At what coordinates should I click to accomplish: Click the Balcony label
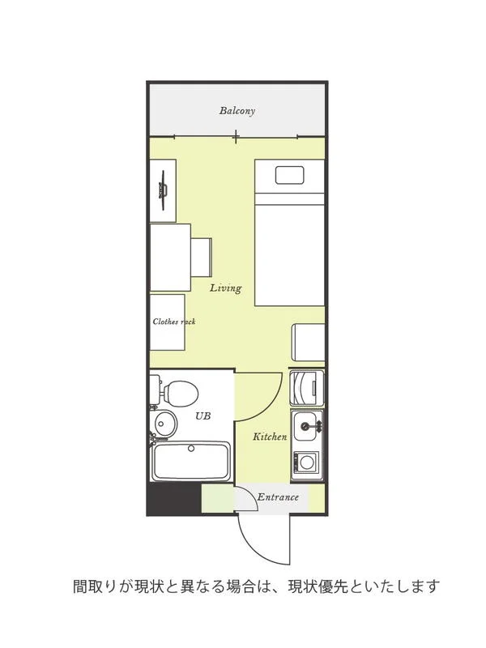[237, 111]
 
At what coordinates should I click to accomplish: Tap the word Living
[226, 288]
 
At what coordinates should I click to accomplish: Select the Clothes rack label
[174, 322]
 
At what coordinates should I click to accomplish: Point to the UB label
[203, 416]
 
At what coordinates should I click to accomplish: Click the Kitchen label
[270, 437]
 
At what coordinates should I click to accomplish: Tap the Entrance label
[278, 497]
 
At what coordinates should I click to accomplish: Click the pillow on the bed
[290, 175]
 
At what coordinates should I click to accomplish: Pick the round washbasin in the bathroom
[166, 423]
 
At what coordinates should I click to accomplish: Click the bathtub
[191, 462]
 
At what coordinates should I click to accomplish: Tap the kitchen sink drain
[305, 426]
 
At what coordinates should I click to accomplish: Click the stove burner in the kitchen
[306, 462]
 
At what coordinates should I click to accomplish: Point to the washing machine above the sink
[307, 388]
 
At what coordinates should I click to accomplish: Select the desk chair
[202, 258]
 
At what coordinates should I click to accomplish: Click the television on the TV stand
[163, 190]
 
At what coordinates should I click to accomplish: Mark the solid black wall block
[174, 500]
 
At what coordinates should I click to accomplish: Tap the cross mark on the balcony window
[236, 136]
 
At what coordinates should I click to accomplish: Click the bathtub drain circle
[191, 449]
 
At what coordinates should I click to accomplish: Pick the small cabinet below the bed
[309, 343]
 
